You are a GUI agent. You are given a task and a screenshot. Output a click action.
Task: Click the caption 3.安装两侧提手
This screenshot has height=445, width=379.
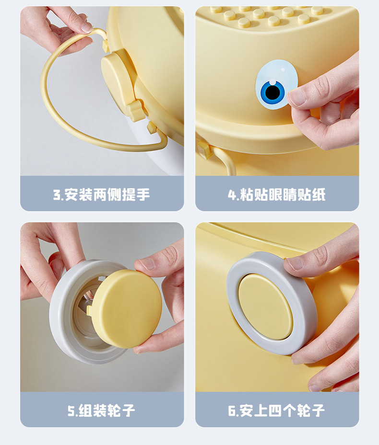click(102, 194)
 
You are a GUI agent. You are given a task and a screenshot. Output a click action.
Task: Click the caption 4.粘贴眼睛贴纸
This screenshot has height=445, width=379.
click(277, 194)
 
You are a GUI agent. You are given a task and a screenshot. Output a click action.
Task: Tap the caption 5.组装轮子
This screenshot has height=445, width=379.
click(102, 411)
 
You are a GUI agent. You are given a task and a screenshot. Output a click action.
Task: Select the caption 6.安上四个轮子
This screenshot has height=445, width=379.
click(277, 411)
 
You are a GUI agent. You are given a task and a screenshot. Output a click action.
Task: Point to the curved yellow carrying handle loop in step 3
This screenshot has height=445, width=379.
click(53, 110)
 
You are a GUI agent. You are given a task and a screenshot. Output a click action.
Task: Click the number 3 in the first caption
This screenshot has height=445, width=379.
click(57, 195)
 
